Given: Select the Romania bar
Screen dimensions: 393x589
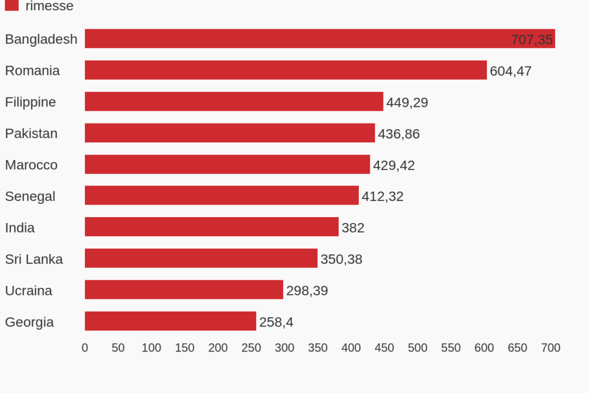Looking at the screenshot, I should pyautogui.click(x=286, y=70).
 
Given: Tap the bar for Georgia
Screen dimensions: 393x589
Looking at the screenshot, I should pyautogui.click(x=170, y=321).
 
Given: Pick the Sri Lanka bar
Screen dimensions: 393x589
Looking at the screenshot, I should pyautogui.click(x=201, y=259).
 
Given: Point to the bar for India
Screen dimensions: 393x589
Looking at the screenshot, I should pyautogui.click(x=212, y=227).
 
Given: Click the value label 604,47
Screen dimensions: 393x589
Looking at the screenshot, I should pyautogui.click(x=510, y=71).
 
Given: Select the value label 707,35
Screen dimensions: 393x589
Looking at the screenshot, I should pyautogui.click(x=532, y=40).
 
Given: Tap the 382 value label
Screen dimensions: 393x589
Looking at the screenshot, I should pyautogui.click(x=353, y=228).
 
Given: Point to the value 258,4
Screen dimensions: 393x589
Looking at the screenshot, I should pyautogui.click(x=276, y=322).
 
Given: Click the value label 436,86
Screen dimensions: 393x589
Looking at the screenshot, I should pyautogui.click(x=398, y=134).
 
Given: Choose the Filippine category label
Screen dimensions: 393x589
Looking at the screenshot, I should pyautogui.click(x=30, y=102).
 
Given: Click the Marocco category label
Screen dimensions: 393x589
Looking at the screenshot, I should pyautogui.click(x=31, y=165).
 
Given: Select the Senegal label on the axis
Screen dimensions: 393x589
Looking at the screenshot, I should pyautogui.click(x=30, y=196).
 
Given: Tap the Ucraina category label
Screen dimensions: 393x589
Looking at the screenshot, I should pyautogui.click(x=29, y=291).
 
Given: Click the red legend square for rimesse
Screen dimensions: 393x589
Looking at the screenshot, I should pyautogui.click(x=11, y=5).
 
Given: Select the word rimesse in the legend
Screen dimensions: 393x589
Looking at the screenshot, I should pyautogui.click(x=49, y=6).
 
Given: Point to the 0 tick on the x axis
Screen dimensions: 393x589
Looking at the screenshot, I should pyautogui.click(x=85, y=348).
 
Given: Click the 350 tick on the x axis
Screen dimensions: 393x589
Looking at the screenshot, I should pyautogui.click(x=317, y=348).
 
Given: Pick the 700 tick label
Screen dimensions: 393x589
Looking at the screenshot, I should pyautogui.click(x=551, y=348).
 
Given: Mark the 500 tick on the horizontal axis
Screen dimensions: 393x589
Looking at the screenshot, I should pyautogui.click(x=417, y=348).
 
